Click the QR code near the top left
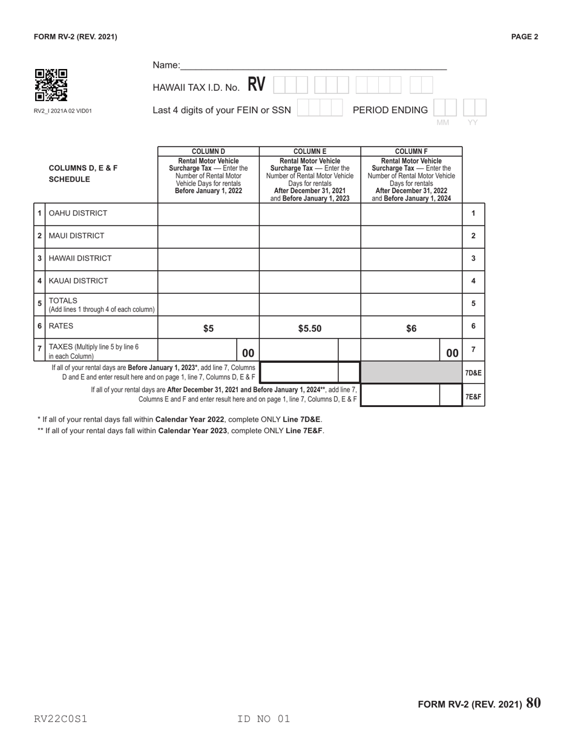click(x=51, y=85)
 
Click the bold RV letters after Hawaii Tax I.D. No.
click(x=256, y=85)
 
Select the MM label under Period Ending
click(x=443, y=123)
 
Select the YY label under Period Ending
click(x=473, y=123)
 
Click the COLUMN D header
click(x=208, y=151)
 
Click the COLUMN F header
click(x=411, y=151)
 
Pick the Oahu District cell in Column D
click(x=208, y=213)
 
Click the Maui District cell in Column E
click(x=310, y=236)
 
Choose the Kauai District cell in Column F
click(x=411, y=281)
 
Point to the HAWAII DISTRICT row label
click(x=80, y=258)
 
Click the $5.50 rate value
click(x=310, y=328)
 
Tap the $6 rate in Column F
click(x=411, y=328)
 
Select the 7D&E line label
click(x=473, y=373)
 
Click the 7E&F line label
click(x=473, y=397)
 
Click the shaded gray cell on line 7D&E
click(x=411, y=373)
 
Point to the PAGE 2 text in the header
click(x=524, y=37)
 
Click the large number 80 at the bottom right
click(x=534, y=703)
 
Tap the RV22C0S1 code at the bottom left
click(x=61, y=719)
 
